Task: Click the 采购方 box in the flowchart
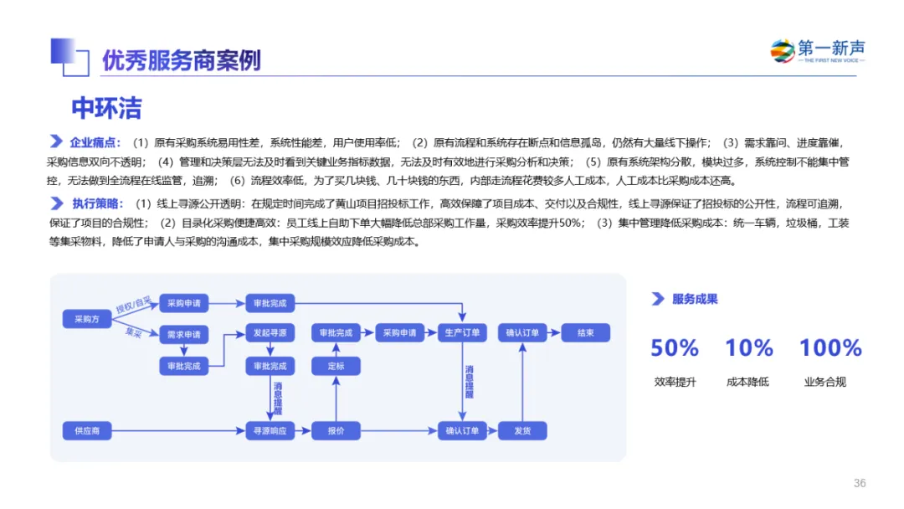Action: tap(87, 319)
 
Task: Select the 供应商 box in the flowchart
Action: tap(87, 431)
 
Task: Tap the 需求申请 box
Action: tap(183, 334)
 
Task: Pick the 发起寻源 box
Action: tap(270, 333)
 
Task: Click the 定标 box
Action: tap(336, 366)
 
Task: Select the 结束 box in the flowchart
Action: tap(585, 333)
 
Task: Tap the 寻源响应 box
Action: tap(270, 431)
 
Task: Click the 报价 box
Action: tap(336, 431)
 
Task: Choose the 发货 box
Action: tap(522, 431)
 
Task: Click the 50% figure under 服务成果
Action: tap(675, 347)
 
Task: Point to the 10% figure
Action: tap(748, 347)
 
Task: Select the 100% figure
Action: tap(830, 347)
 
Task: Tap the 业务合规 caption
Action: tap(825, 383)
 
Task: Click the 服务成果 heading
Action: tap(695, 299)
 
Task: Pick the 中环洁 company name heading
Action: tap(106, 108)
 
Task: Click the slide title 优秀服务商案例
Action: tap(182, 60)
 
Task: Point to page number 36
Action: tap(860, 483)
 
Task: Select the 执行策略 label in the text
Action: tap(98, 203)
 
